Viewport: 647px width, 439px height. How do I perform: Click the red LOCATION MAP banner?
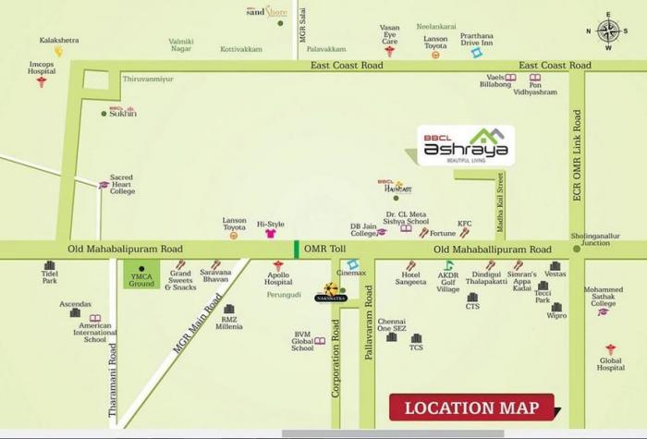470,408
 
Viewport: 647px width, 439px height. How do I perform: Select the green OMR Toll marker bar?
296,250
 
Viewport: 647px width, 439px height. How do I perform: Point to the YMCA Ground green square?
141,274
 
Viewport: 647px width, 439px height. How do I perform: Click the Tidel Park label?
49,280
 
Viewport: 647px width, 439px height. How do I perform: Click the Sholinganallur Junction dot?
576,249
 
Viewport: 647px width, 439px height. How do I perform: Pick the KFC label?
465,223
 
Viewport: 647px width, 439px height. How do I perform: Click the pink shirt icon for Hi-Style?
271,235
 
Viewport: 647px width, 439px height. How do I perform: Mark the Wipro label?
556,315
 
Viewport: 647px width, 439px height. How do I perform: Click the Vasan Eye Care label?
390,34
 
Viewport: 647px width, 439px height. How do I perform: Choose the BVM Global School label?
302,341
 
